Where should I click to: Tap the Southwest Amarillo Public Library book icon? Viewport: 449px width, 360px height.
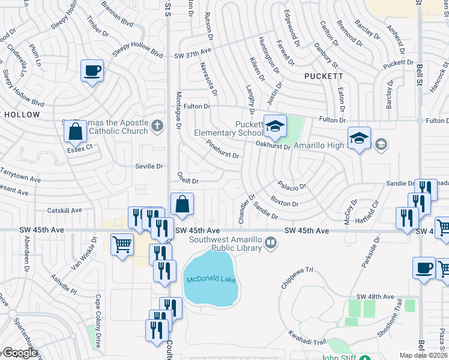[271, 242]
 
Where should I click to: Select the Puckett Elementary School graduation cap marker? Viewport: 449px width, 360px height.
[276, 126]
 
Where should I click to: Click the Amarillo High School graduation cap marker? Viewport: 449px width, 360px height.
[359, 138]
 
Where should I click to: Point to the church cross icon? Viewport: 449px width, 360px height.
[157, 125]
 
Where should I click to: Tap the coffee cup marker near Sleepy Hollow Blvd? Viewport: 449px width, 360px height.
[92, 71]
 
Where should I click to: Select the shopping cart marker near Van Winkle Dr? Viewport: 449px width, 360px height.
[122, 244]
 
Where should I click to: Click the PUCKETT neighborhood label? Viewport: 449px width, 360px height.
[324, 76]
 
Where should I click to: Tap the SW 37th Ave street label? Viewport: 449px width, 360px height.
[193, 54]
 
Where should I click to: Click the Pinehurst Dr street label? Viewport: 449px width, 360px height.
[222, 150]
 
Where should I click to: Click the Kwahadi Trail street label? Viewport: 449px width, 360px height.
[306, 341]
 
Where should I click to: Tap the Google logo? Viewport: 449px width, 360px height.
[20, 353]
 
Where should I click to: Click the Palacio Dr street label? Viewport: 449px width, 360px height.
[292, 185]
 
